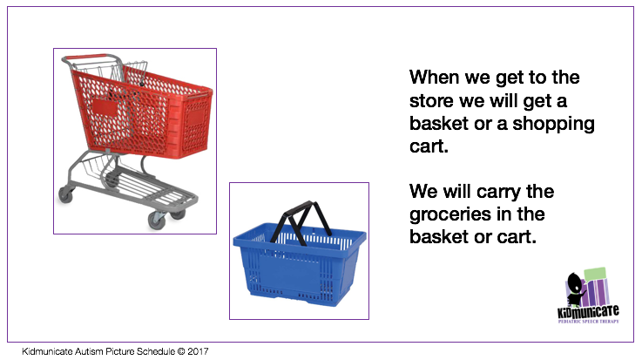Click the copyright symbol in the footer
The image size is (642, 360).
tap(179, 352)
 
